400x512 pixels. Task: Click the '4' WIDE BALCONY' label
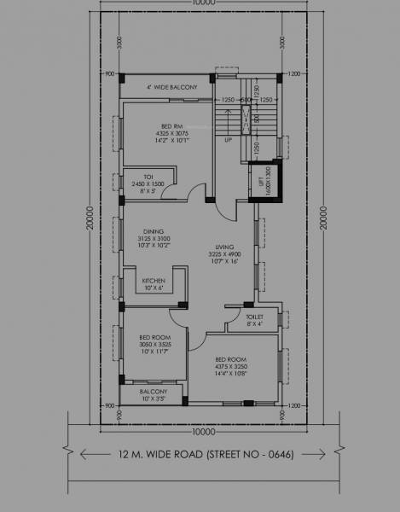click(171, 87)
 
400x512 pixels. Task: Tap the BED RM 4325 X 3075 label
click(173, 135)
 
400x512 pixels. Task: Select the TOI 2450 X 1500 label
click(148, 183)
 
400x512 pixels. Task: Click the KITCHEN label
click(153, 283)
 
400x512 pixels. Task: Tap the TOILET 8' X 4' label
click(256, 319)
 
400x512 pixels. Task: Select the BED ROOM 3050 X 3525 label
click(155, 344)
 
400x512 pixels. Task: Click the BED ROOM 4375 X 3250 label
click(230, 365)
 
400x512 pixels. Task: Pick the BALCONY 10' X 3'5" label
click(154, 395)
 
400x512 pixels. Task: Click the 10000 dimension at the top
click(204, 3)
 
